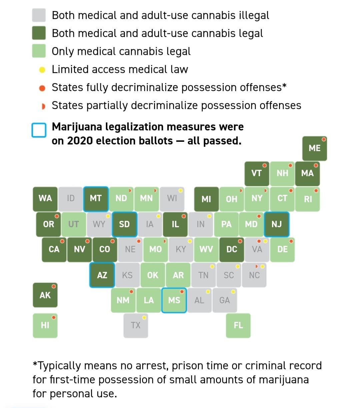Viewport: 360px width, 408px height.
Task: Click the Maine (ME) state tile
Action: (x=315, y=148)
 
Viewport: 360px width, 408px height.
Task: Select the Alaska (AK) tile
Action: (x=45, y=295)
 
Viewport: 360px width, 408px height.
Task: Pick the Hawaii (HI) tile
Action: (x=45, y=325)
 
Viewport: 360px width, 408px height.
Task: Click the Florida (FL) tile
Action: (x=238, y=325)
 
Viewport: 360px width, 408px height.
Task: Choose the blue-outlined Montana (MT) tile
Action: (x=96, y=198)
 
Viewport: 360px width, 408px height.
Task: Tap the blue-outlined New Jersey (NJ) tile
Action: (x=277, y=224)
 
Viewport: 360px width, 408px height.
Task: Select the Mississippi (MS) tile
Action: (x=174, y=300)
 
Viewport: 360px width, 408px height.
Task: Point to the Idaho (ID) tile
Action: (x=71, y=198)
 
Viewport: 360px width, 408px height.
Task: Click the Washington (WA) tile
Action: (x=45, y=198)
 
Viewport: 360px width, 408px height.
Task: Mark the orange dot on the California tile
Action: (x=62, y=241)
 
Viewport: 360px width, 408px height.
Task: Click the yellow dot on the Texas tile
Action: (x=144, y=317)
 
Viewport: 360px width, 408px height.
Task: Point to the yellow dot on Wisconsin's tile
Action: (x=180, y=190)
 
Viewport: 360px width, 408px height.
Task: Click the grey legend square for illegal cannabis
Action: (x=39, y=15)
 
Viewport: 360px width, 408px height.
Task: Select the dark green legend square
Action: (x=39, y=33)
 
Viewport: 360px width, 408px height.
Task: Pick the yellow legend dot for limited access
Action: (x=42, y=69)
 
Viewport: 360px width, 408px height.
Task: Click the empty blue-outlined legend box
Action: (x=39, y=130)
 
